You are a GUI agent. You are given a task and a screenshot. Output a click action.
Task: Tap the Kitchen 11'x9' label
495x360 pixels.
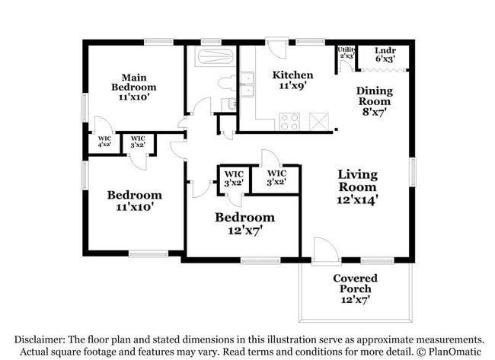tap(293, 80)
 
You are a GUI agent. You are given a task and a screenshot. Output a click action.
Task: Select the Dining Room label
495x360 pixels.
tap(374, 100)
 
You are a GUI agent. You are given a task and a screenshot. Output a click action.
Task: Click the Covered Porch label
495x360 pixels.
tap(355, 288)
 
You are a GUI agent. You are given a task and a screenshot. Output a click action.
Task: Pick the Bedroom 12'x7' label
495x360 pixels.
tap(244, 223)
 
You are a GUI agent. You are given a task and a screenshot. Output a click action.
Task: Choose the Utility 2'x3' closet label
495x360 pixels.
tap(346, 53)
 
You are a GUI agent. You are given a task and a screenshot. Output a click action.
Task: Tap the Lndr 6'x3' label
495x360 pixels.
tap(385, 55)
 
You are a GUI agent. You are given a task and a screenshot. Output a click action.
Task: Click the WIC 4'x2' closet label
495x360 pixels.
tap(104, 142)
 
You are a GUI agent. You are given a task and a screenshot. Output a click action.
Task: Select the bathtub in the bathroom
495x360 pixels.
tap(211, 57)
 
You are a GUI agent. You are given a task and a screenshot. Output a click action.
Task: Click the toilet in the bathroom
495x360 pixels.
tap(226, 82)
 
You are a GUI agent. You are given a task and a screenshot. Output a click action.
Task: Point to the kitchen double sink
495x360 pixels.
tap(247, 84)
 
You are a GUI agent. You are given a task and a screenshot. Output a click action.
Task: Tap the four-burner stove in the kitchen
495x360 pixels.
tap(289, 121)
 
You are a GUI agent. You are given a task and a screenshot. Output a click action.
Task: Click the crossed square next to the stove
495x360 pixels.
tap(318, 121)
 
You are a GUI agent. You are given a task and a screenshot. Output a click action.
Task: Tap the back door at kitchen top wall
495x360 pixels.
tap(278, 49)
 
